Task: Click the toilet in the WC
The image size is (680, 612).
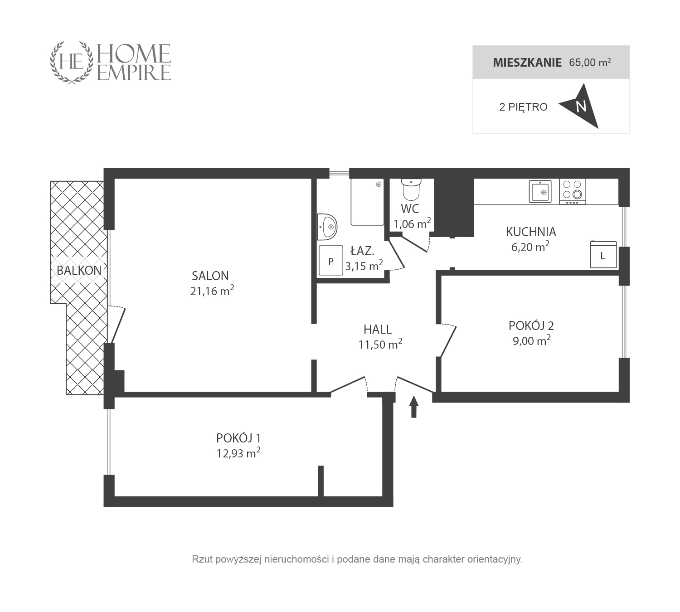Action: [x=411, y=189]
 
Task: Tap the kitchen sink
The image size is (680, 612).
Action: [x=540, y=192]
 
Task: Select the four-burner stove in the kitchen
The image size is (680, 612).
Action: [x=573, y=192]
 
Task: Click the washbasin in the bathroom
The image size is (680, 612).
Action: [x=327, y=227]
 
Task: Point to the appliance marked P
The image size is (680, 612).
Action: [x=331, y=260]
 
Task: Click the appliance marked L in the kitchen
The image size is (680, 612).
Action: [x=603, y=254]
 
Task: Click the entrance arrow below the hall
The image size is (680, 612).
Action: [x=413, y=407]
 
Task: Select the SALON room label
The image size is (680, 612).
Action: [x=210, y=276]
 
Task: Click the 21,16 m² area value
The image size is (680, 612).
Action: [x=212, y=291]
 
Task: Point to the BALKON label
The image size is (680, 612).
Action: [x=79, y=270]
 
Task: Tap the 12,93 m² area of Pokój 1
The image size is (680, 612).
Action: [x=238, y=453]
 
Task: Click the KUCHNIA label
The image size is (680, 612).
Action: [x=531, y=232]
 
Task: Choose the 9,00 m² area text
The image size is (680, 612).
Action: [x=531, y=340]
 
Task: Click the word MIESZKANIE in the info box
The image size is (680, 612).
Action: [x=527, y=63]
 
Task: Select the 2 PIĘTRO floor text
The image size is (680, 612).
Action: [x=524, y=107]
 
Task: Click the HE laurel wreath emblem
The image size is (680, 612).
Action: [x=72, y=63]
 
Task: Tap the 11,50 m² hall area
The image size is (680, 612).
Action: [x=380, y=345]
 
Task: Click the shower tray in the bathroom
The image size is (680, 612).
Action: [x=367, y=202]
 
